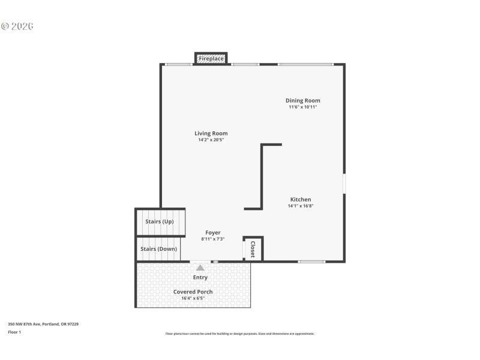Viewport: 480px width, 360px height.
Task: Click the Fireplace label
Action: [211, 59]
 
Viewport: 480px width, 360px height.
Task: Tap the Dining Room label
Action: [302, 101]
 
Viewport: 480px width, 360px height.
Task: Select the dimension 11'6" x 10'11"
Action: [302, 107]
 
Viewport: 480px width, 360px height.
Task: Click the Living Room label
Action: [211, 133]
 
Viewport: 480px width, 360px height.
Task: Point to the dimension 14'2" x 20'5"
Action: [211, 140]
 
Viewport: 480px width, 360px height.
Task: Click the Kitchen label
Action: [301, 199]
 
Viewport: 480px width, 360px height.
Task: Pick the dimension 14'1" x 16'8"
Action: [301, 206]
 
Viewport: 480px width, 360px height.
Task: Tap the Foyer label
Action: [212, 232]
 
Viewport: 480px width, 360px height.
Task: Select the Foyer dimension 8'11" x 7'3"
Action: [212, 239]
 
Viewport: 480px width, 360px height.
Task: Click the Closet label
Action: [253, 249]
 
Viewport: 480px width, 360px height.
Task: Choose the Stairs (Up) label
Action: [159, 221]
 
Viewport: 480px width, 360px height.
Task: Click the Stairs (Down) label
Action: [158, 249]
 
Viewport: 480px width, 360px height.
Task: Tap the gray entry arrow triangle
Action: [200, 268]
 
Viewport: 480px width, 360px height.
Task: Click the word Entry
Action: [200, 277]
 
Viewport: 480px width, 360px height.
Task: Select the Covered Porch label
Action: [193, 292]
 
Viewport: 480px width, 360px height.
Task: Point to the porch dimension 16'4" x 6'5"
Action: [193, 298]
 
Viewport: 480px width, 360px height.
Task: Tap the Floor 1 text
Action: [14, 332]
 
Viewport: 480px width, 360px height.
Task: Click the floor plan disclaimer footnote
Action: [239, 334]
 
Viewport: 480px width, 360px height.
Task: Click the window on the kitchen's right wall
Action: [344, 184]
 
